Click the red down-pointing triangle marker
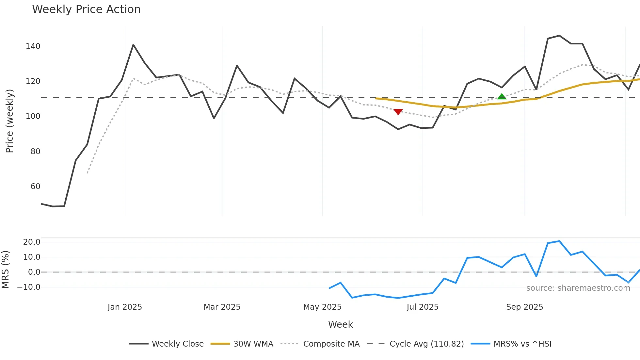point(398,112)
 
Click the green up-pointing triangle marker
point(502,97)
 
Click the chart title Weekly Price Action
point(86,9)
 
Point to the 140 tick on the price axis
point(33,46)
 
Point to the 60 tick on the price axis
point(35,187)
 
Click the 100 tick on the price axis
point(33,116)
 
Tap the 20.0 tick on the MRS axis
point(32,242)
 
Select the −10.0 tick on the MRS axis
point(29,287)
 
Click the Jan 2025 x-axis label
point(125,307)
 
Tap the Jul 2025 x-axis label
point(422,307)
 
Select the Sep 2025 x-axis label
point(524,307)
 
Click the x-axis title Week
point(340,324)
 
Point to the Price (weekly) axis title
point(9,121)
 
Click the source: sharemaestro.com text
point(578,288)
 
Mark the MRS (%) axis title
point(5,270)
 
